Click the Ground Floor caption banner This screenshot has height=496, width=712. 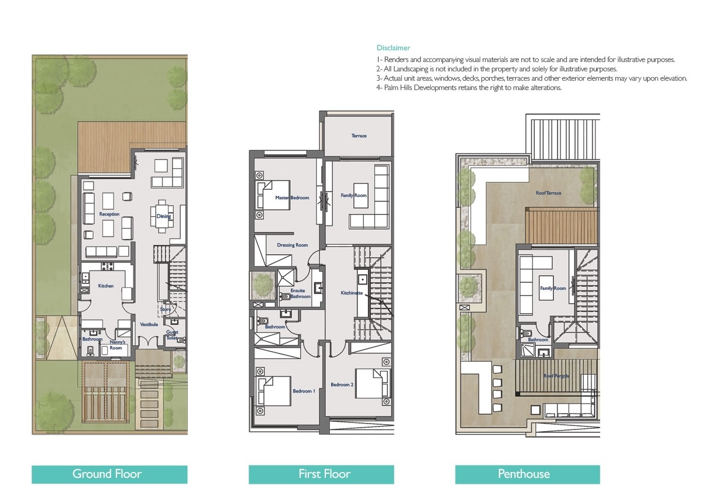tap(109, 474)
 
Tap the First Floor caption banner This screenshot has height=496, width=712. tap(321, 474)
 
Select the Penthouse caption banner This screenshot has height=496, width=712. tap(527, 474)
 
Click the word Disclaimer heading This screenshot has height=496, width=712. tap(393, 48)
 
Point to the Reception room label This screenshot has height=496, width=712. tap(109, 214)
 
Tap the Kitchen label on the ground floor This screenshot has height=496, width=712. tap(106, 286)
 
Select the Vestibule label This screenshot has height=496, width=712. tap(149, 325)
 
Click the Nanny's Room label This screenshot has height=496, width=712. tap(117, 345)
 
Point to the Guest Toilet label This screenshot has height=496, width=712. tap(172, 335)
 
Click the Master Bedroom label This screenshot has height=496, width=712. tap(292, 198)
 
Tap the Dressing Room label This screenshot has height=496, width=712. tap(293, 245)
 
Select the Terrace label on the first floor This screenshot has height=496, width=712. tap(359, 136)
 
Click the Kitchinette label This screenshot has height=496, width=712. tap(352, 292)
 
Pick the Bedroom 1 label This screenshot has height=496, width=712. tap(302, 391)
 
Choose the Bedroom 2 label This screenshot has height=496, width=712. tap(342, 385)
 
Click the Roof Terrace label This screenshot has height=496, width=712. tap(548, 193)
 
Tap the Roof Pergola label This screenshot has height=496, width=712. tap(555, 376)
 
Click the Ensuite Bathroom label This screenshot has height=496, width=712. tap(300, 293)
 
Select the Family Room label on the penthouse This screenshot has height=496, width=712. tap(553, 289)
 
